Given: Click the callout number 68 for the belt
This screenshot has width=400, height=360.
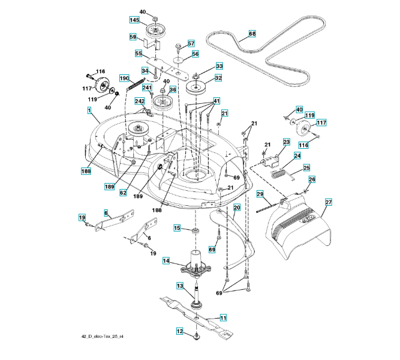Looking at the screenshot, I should (251, 34).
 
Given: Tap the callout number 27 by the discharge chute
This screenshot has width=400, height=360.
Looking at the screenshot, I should (327, 202).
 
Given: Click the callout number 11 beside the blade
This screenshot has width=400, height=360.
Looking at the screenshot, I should (222, 317).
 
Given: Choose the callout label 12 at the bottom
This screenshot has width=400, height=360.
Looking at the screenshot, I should (179, 331).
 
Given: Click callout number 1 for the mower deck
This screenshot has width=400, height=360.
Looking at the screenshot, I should (89, 110).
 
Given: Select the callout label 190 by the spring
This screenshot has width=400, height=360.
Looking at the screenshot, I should (124, 79).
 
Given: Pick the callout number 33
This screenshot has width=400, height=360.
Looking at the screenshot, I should (202, 66).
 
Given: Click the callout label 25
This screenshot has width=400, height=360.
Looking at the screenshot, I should (306, 168).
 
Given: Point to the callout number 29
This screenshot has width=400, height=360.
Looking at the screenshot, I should (260, 194).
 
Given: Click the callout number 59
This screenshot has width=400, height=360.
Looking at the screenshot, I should (134, 37).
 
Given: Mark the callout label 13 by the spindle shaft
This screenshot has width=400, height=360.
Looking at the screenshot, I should (179, 287).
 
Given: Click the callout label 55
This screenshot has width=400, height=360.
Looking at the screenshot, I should (138, 54).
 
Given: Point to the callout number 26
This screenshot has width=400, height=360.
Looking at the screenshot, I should (311, 179).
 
